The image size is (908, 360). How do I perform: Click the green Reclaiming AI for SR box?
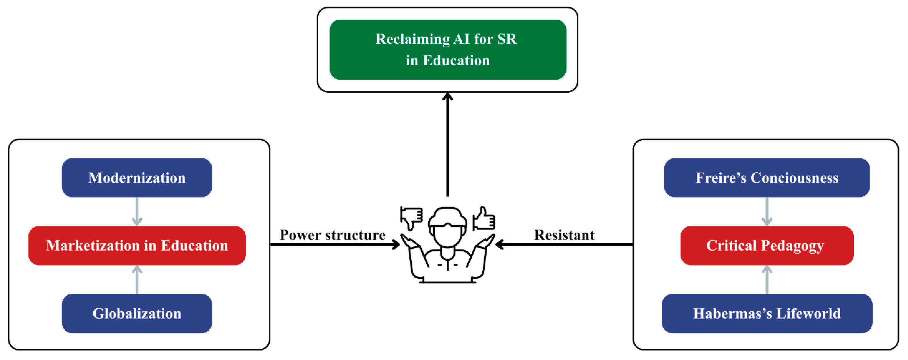tap(448, 49)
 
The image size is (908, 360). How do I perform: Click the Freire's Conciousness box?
tap(767, 178)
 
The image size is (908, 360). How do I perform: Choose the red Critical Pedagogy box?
tap(767, 245)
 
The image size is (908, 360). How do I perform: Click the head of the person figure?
tap(448, 226)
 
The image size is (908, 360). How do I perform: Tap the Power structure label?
tap(332, 235)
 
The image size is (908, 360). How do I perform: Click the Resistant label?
tap(564, 235)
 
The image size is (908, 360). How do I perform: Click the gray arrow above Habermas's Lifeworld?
tap(767, 279)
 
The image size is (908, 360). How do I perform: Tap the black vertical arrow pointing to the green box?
tap(448, 144)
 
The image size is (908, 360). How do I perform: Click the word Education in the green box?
tap(456, 61)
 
